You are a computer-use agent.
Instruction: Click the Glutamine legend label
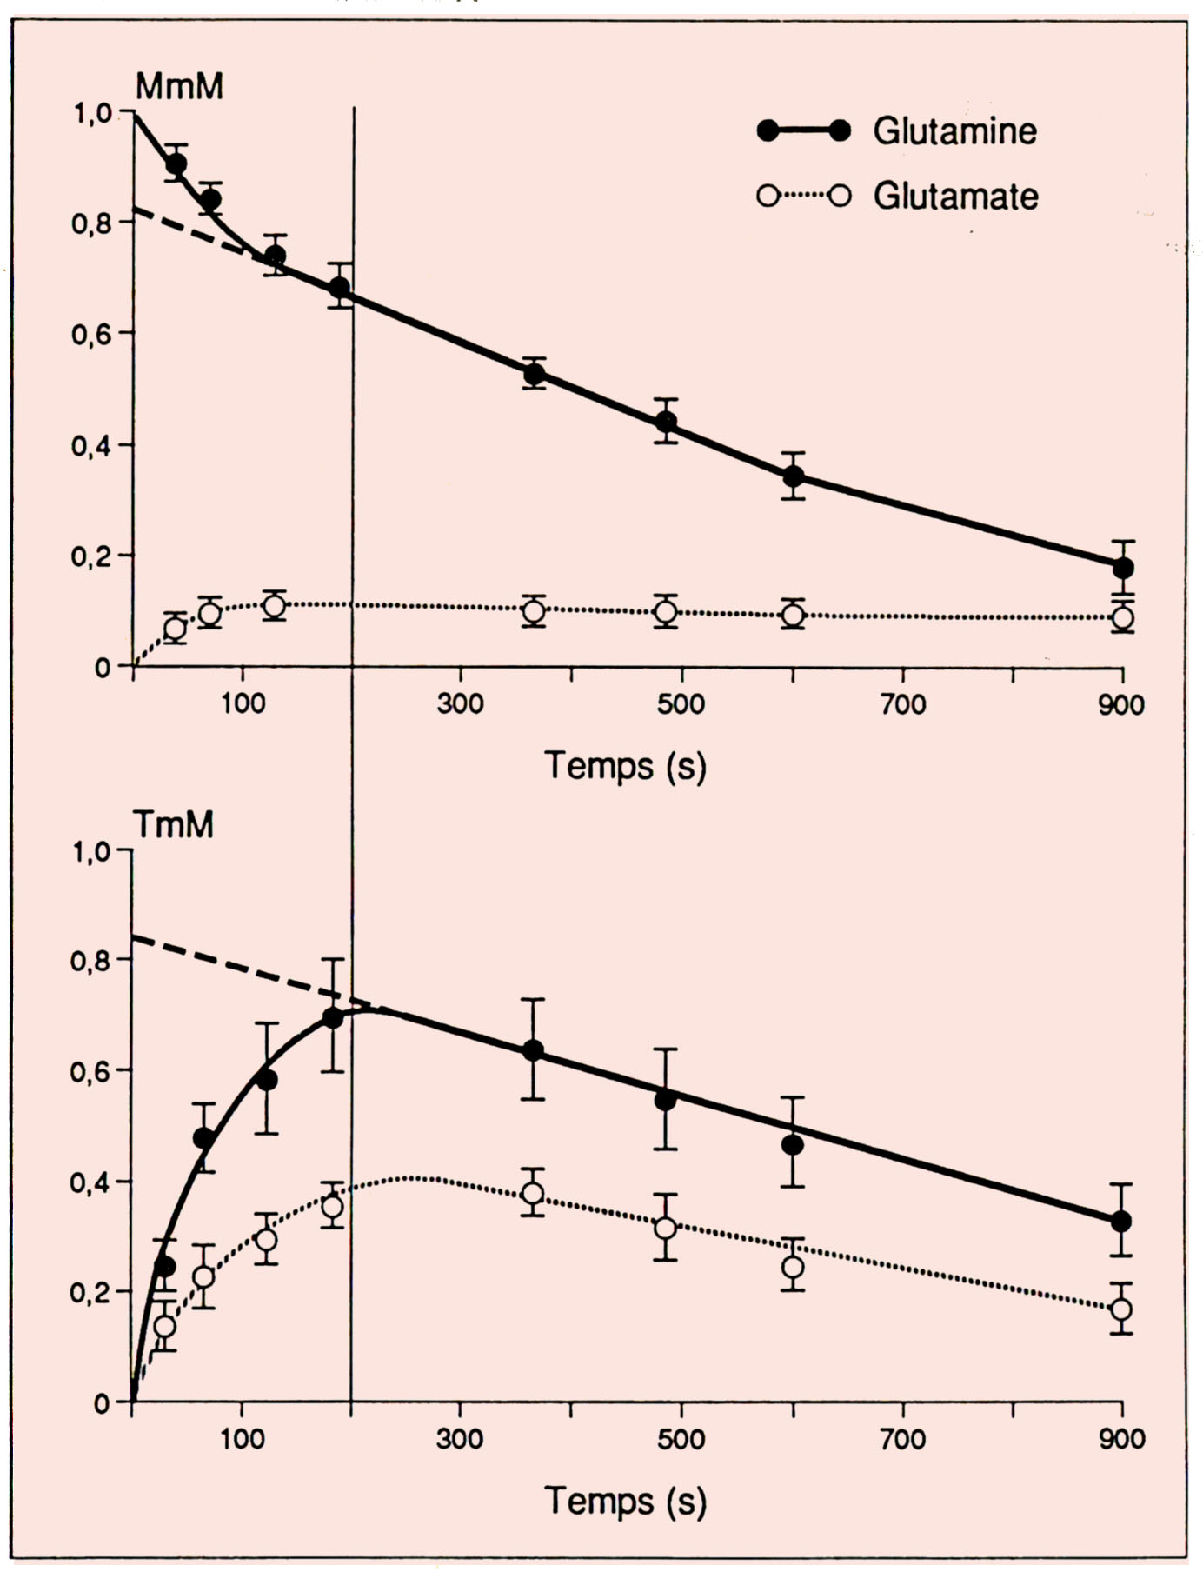pyautogui.click(x=954, y=131)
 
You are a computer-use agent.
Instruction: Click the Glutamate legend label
pyautogui.click(x=955, y=196)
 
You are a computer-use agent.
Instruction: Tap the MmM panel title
pyautogui.click(x=179, y=86)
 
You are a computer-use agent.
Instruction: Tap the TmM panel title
pyautogui.click(x=173, y=823)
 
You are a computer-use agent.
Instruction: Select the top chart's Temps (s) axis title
pyautogui.click(x=625, y=766)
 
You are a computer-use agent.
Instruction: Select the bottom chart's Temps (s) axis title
pyautogui.click(x=625, y=1502)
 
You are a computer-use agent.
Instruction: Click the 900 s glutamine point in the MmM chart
pyautogui.click(x=1123, y=568)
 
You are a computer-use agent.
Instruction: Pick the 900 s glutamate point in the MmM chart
pyautogui.click(x=1123, y=618)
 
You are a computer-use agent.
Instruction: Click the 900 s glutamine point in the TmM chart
pyautogui.click(x=1121, y=1221)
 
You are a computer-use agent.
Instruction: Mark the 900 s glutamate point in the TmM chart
pyautogui.click(x=1121, y=1309)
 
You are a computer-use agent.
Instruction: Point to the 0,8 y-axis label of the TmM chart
pyautogui.click(x=91, y=961)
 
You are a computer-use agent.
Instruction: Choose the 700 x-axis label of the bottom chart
pyautogui.click(x=902, y=1439)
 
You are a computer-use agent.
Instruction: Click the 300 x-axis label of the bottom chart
pyautogui.click(x=460, y=1439)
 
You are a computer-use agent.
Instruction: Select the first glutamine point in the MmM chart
pyautogui.click(x=176, y=163)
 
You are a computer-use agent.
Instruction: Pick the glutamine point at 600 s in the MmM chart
pyautogui.click(x=793, y=476)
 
